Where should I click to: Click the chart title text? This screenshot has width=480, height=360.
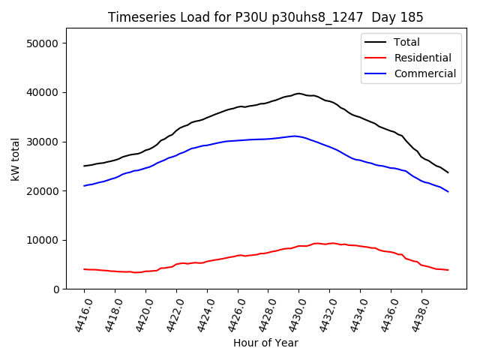(x=265, y=17)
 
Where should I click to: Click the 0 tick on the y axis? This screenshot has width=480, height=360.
(x=56, y=289)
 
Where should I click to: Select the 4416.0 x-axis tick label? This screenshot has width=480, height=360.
(x=78, y=315)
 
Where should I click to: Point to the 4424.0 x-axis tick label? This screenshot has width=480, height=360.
(x=201, y=315)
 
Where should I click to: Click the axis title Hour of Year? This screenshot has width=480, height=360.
(x=265, y=343)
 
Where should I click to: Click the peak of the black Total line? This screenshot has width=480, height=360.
(x=298, y=93)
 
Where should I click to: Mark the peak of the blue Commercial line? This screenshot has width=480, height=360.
(x=295, y=136)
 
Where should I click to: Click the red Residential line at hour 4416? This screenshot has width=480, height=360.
(x=84, y=269)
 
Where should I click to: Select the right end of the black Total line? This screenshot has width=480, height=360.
(x=448, y=172)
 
